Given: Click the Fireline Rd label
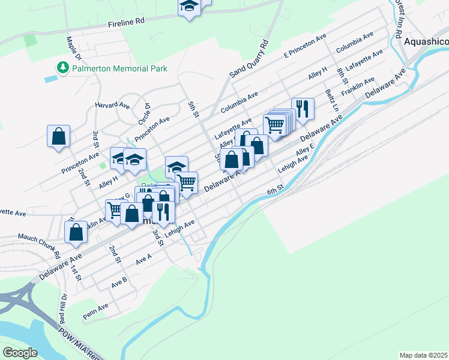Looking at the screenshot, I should coord(126,21).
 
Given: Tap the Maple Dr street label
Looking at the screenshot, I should coord(74,49).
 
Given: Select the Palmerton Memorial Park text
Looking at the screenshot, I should coord(119,68).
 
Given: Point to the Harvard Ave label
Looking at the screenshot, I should coord(112,105).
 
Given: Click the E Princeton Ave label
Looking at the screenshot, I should coord(307,45).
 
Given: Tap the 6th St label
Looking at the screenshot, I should coord(276,191).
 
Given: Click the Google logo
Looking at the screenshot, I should coord(20,353).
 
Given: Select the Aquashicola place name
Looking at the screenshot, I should coord(426,42).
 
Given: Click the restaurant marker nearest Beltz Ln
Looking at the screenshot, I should coord(303,109).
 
